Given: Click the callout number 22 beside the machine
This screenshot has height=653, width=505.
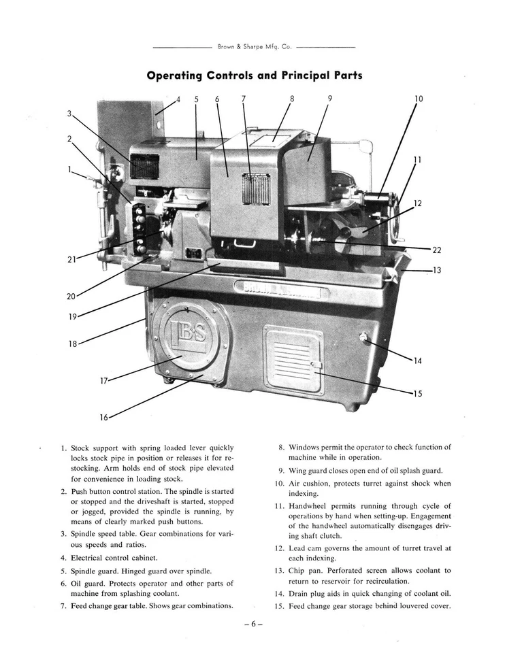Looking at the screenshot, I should (x=437, y=250).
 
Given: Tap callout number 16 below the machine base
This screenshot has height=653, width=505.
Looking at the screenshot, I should (x=104, y=417).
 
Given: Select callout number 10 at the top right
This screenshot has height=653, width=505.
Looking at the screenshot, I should (x=419, y=99).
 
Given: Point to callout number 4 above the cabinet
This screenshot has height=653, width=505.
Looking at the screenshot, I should (x=178, y=99).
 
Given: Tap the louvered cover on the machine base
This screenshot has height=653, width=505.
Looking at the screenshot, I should (x=293, y=359).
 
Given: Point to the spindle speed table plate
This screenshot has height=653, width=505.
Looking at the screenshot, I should (x=144, y=167).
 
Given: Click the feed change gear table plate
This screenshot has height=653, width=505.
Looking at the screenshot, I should (x=256, y=188).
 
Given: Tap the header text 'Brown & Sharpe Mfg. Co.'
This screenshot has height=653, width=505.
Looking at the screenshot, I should (x=255, y=47).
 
